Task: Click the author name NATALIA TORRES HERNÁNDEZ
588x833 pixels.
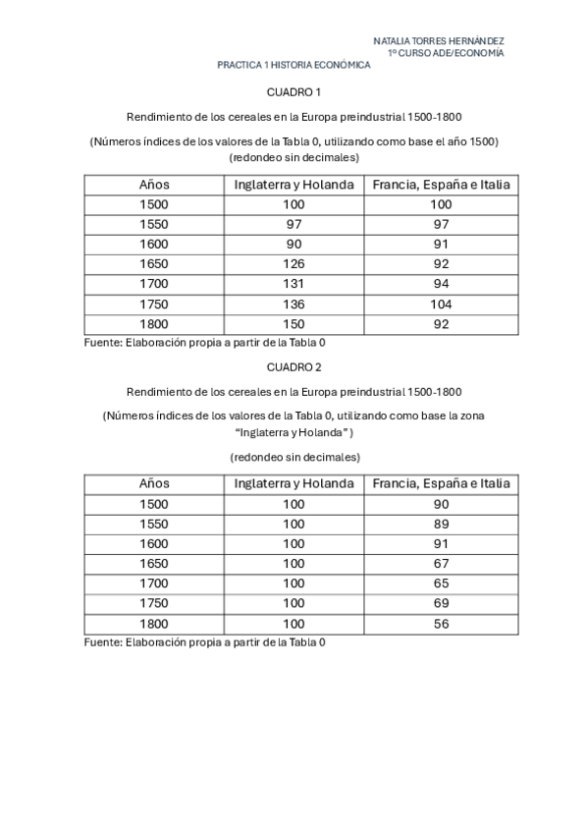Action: click(x=439, y=41)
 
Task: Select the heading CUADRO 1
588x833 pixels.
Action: click(x=294, y=92)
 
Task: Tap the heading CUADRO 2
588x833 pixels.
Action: click(x=294, y=366)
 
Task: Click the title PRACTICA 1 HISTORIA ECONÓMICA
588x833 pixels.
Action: click(x=294, y=65)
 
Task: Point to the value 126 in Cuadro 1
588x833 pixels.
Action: click(x=294, y=264)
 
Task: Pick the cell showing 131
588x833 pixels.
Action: click(x=294, y=284)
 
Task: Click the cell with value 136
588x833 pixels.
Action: click(x=294, y=304)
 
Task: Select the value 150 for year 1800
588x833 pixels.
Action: click(x=294, y=324)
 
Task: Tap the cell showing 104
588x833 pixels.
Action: click(x=441, y=304)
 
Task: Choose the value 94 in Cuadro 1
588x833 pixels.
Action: click(x=441, y=284)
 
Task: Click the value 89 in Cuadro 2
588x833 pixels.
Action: click(x=441, y=524)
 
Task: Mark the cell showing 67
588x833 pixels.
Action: click(x=441, y=564)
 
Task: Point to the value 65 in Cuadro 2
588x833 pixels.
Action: click(x=441, y=583)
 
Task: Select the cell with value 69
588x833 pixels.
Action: click(x=441, y=603)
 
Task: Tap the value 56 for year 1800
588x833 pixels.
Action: click(x=441, y=624)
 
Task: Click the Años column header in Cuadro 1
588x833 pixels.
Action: click(x=154, y=184)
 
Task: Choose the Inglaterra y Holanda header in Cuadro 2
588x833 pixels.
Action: click(x=294, y=483)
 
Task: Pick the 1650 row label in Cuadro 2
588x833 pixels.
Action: click(x=154, y=564)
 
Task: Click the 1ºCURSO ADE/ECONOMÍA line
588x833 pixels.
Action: click(x=446, y=53)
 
